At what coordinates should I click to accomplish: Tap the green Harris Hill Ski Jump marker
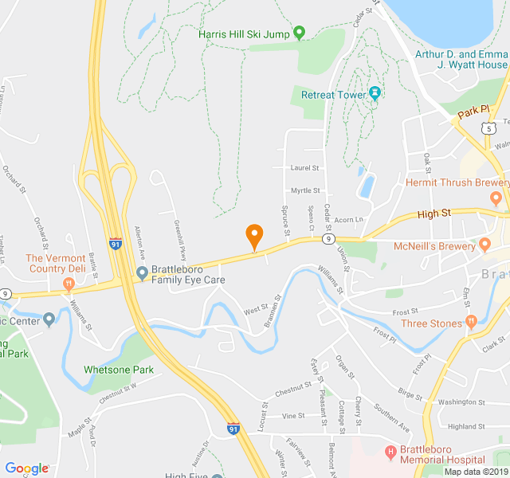point(299,33)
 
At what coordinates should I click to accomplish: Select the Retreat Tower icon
point(375,94)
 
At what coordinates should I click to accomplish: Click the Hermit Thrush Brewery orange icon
point(496,197)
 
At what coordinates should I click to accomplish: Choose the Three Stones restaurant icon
point(472,323)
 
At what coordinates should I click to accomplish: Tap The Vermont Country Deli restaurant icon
point(68,283)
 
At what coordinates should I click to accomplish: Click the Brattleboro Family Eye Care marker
point(142,274)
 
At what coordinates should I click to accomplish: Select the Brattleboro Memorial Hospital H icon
point(390,453)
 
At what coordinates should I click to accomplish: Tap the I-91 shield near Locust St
point(233,429)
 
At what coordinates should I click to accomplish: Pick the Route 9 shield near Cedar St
point(327,238)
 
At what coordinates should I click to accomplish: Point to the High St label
point(433,213)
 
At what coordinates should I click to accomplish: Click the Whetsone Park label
point(119,370)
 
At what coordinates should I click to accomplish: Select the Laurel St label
point(304,168)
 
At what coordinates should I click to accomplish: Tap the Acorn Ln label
point(348,219)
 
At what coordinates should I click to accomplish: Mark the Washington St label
point(461,402)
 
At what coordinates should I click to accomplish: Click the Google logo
point(26,468)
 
